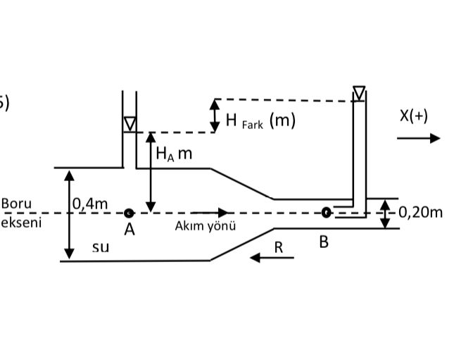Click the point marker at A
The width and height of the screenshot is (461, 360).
(129, 213)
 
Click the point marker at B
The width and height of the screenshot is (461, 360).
(326, 211)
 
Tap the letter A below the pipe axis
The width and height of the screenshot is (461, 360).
(130, 229)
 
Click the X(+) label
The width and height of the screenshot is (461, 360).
(413, 116)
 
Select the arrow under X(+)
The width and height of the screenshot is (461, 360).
(418, 138)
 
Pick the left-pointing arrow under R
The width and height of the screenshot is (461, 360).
(272, 258)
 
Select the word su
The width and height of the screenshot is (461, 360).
(101, 247)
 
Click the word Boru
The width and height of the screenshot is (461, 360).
(16, 204)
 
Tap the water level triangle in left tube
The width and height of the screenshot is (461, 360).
(130, 124)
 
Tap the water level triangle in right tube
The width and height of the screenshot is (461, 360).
(360, 93)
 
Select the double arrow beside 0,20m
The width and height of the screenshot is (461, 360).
(385, 213)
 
